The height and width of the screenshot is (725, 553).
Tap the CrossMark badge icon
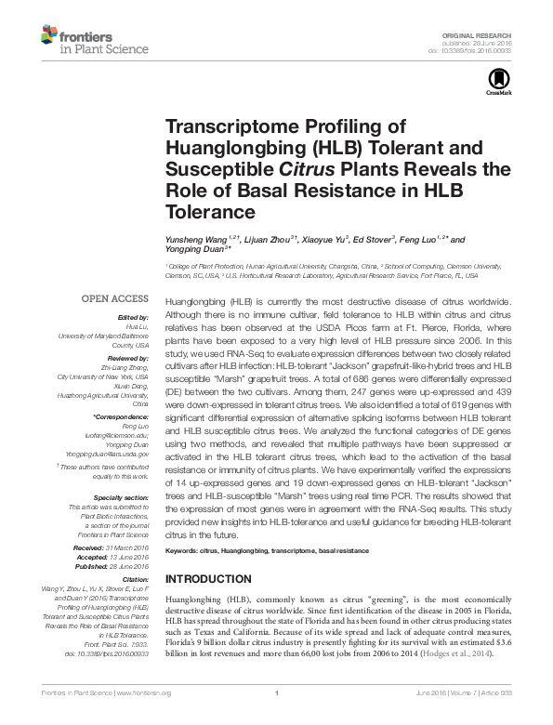click(x=494, y=85)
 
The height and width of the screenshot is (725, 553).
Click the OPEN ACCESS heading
click(x=115, y=298)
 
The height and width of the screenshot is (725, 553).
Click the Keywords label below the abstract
click(x=181, y=551)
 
